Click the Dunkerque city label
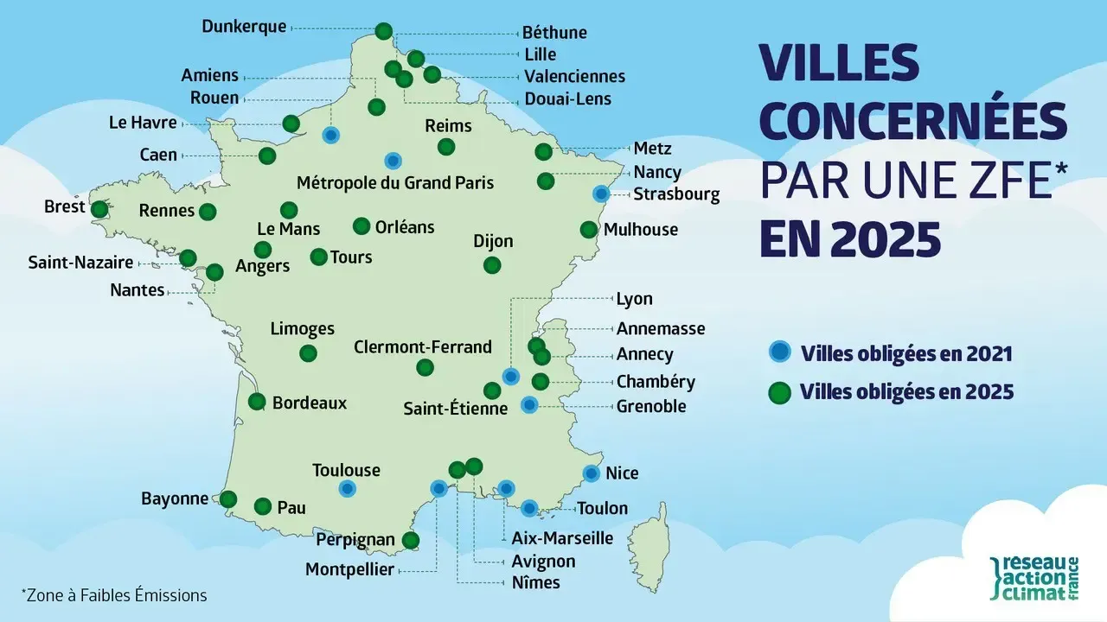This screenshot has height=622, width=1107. tap(243, 27)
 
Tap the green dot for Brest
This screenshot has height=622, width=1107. tap(99, 209)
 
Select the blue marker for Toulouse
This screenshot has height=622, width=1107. tap(347, 489)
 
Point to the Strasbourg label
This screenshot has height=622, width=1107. tap(676, 194)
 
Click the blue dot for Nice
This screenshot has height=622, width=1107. tap(592, 473)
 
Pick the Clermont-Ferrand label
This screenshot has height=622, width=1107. tap(423, 347)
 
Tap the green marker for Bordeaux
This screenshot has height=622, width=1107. tap(257, 402)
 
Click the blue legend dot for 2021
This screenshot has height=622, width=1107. tap(780, 352)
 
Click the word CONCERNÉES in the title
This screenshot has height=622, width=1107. tap(912, 120)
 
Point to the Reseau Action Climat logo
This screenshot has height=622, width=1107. tap(1033, 579)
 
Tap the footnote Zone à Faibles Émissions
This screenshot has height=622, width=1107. tap(114, 595)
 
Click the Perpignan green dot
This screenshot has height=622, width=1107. tap(411, 541)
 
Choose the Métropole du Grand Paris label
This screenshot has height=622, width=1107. tap(395, 183)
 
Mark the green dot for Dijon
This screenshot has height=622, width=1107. tap(492, 264)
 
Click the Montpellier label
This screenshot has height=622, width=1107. tap(349, 569)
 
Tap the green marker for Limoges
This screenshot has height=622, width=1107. tap(307, 353)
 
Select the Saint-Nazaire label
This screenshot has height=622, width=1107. tap(80, 262)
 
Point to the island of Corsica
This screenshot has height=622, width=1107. tap(650, 539)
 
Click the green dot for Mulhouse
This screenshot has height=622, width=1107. tap(588, 230)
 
